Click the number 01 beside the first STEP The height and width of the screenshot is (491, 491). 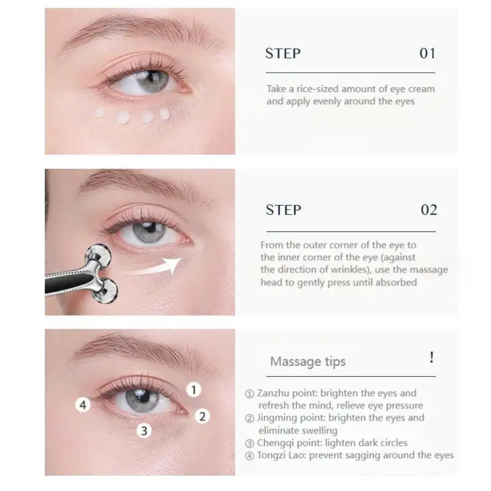coord(427,54)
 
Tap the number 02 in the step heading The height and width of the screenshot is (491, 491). coord(429,210)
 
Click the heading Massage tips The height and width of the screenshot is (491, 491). coord(308,362)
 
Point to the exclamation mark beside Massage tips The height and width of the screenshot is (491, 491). coord(432,357)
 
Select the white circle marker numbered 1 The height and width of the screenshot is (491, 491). coord(194,390)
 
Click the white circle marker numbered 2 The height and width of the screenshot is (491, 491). coord(202,416)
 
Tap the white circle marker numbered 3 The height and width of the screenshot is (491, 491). coord(144,431)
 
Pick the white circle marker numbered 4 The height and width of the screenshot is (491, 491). coord(83,405)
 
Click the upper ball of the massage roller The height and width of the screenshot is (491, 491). coord(98,254)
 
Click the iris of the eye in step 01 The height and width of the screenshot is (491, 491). coord(152,81)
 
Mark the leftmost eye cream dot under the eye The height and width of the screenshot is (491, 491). coord(99,113)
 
